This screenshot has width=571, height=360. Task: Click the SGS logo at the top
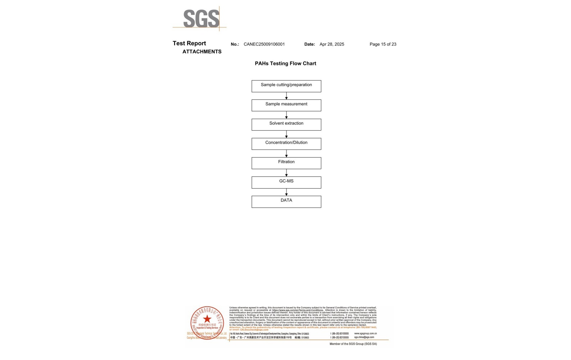[x=201, y=18]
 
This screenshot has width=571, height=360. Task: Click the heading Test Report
[x=189, y=43]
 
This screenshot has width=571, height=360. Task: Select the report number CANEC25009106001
[x=264, y=44]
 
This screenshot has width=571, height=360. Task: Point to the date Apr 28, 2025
[x=332, y=44]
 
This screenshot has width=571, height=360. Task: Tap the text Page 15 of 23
[x=383, y=44]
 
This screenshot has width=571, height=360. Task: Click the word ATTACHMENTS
[x=202, y=51]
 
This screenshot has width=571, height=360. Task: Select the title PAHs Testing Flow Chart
[x=285, y=63]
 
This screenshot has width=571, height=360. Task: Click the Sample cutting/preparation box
[x=286, y=86]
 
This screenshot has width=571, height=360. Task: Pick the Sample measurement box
[x=286, y=105]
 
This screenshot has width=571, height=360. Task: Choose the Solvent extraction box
[x=286, y=125]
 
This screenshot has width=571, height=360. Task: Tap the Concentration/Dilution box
[x=286, y=144]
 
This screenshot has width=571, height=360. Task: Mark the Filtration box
[x=286, y=163]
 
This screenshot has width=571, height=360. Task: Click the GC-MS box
[x=286, y=182]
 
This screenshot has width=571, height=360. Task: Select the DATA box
[x=286, y=202]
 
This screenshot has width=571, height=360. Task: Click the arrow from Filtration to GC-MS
[x=286, y=173]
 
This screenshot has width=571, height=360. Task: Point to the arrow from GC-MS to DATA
[x=286, y=192]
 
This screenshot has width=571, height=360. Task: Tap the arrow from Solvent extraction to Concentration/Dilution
[x=286, y=134]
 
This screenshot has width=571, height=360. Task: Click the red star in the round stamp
[x=207, y=319]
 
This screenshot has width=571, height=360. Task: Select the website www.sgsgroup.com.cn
[x=365, y=333]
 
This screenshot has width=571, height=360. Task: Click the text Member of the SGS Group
[x=353, y=344]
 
